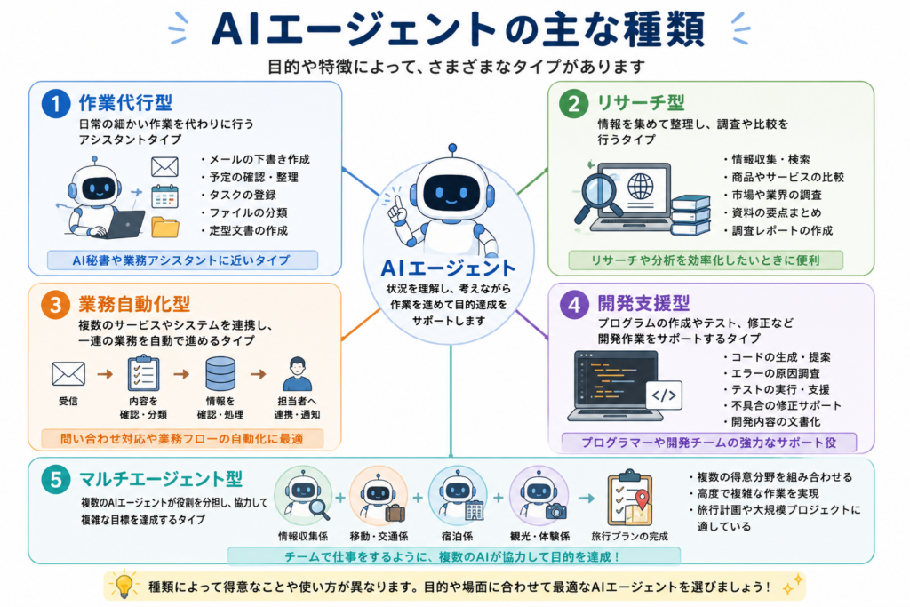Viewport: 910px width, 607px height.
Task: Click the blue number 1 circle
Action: point(56,104)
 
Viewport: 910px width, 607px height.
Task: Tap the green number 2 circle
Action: point(573,104)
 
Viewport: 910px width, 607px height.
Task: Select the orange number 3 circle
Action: point(56,305)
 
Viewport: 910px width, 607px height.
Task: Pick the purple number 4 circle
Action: point(574,305)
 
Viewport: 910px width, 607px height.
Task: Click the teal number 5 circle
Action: point(56,480)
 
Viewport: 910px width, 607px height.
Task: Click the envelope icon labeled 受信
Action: point(68,374)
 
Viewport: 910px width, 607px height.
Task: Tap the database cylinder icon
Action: point(220,373)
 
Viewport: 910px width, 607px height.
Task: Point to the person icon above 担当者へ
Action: point(297,374)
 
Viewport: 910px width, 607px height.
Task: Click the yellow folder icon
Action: point(164,227)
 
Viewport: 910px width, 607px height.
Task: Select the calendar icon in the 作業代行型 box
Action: point(164,196)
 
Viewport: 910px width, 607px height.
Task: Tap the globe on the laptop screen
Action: point(640,187)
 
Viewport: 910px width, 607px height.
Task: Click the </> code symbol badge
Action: point(664,395)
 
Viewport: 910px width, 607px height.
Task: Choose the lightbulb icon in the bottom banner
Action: point(124,585)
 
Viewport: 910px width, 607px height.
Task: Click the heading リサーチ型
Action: point(641,103)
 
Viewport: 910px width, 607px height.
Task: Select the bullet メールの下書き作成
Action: point(255,159)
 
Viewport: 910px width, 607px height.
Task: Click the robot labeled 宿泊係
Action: point(458,495)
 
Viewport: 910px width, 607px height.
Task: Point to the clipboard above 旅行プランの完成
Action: point(630,499)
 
